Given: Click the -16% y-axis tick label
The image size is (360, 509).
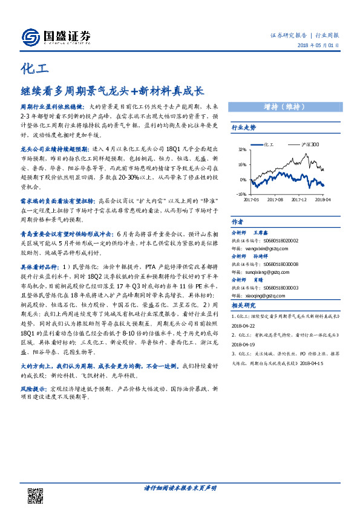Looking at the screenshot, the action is coord(240,195).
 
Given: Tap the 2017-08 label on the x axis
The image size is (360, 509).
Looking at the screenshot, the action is coord(275,199).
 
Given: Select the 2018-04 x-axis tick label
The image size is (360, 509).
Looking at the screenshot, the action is coord(322,199).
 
